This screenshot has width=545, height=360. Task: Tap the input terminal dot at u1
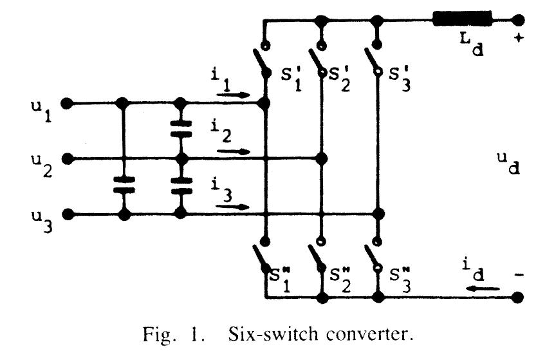click(65, 102)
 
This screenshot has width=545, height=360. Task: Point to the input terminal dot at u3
click(65, 214)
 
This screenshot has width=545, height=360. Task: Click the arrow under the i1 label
click(233, 94)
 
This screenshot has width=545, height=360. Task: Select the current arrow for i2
click(234, 151)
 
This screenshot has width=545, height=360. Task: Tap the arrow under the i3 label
click(233, 207)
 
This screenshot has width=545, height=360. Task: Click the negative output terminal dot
click(517, 299)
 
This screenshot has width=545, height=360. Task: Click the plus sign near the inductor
click(519, 38)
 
